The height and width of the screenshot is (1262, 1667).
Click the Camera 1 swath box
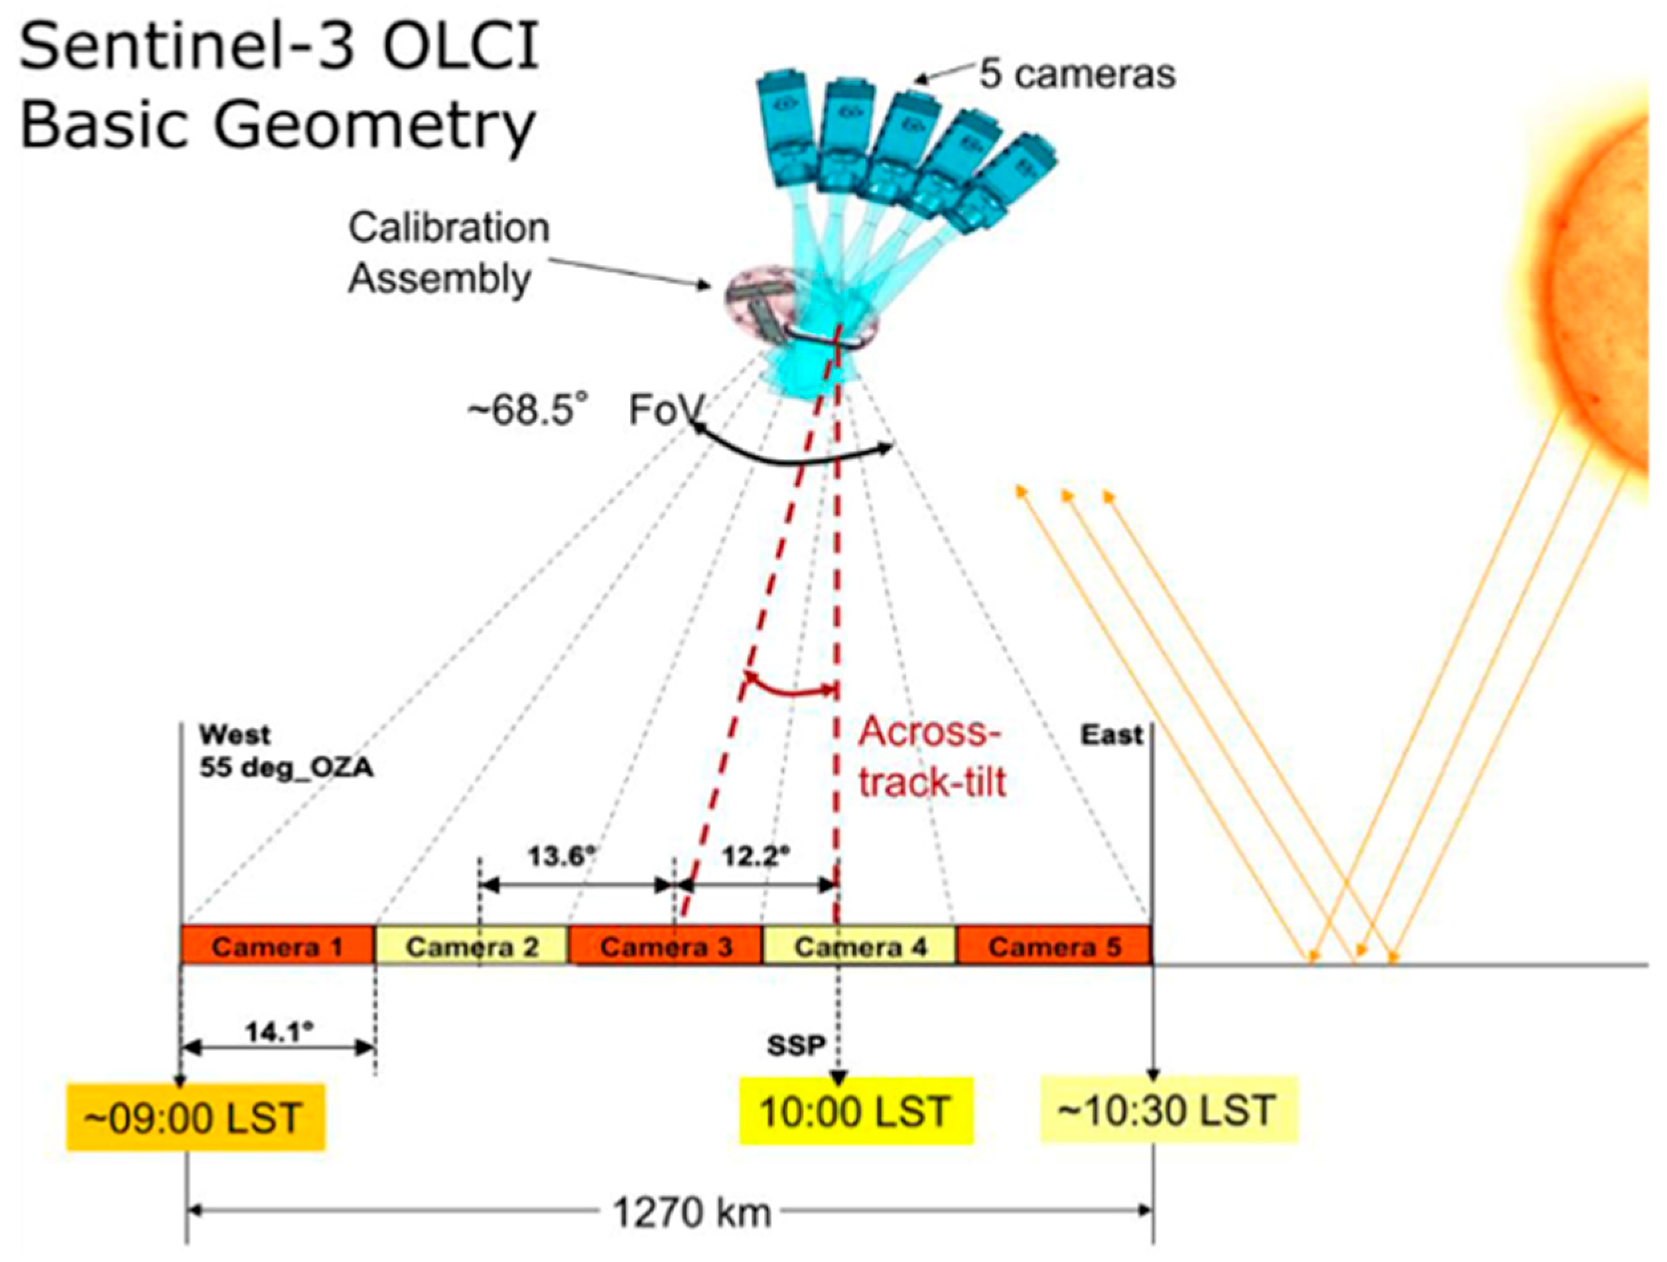click(277, 946)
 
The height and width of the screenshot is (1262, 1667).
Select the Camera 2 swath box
click(472, 946)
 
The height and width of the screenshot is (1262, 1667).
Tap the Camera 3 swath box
click(665, 946)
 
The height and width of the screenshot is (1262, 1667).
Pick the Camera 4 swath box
click(860, 946)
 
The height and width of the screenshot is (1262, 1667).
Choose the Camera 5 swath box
click(1053, 946)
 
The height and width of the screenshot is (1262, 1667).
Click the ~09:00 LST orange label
click(195, 1118)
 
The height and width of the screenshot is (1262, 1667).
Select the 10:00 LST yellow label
click(855, 1112)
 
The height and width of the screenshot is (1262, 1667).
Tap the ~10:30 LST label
click(1168, 1111)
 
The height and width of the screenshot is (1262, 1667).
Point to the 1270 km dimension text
click(692, 1212)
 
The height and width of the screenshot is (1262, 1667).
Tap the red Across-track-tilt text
click(932, 757)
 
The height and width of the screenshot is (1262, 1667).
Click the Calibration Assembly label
click(448, 253)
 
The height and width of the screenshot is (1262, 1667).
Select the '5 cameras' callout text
click(1077, 74)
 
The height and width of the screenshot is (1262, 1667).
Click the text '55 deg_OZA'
click(287, 769)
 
